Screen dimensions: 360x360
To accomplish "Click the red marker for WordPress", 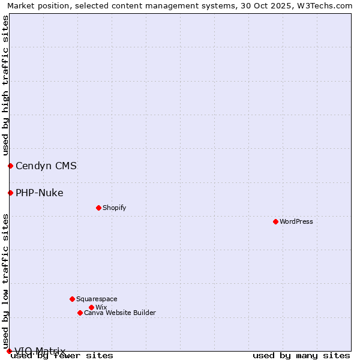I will [x=275, y=221].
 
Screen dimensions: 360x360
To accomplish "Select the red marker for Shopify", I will [x=98, y=208].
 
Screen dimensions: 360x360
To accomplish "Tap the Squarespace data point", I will [x=72, y=299].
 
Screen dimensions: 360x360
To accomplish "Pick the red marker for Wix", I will [x=91, y=307].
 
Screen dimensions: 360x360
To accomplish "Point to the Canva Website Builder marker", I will [x=80, y=313].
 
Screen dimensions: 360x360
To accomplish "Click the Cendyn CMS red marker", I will [x=10, y=166].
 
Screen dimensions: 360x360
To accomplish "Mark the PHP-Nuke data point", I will [x=10, y=193].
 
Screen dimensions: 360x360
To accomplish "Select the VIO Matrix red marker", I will [x=9, y=351].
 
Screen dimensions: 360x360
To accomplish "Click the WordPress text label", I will [x=296, y=221].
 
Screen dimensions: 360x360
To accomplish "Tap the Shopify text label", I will [x=114, y=208].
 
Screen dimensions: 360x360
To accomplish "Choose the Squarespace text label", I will [x=97, y=299].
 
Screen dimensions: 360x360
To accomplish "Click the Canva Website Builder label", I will [x=120, y=313].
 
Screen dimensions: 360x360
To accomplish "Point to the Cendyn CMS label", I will [x=46, y=166].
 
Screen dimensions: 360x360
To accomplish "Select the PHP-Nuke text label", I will [x=40, y=193].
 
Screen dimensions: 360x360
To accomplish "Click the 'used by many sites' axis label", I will [x=301, y=356].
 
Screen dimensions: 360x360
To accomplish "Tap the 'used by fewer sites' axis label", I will [x=62, y=356].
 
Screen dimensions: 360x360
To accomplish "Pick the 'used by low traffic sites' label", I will [x=5, y=281].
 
